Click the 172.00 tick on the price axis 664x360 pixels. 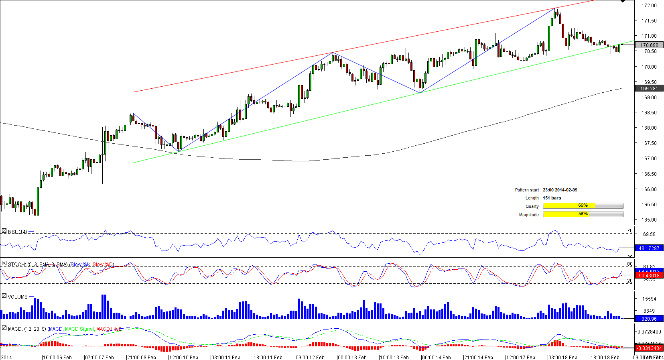tap(649, 6)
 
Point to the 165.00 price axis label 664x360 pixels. tap(649, 220)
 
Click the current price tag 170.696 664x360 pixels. tap(649, 45)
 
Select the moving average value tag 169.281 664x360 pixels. tap(649, 89)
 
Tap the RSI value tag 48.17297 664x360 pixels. tap(649, 248)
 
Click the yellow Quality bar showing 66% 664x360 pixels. tap(569, 206)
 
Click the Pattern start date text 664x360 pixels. tap(560, 190)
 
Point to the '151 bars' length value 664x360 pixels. tap(552, 198)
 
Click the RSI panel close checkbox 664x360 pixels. tap(4, 231)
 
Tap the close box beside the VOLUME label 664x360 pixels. tap(4, 296)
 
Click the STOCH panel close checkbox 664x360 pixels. tap(4, 263)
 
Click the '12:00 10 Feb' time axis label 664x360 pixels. tap(184, 357)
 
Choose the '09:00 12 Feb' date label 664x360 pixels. tap(310, 357)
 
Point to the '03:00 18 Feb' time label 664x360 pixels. tap(563, 357)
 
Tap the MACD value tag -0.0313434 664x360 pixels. tap(649, 348)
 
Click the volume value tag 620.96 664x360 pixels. tap(649, 319)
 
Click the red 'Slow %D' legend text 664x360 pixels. tap(103, 264)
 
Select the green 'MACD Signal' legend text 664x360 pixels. tap(79, 329)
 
